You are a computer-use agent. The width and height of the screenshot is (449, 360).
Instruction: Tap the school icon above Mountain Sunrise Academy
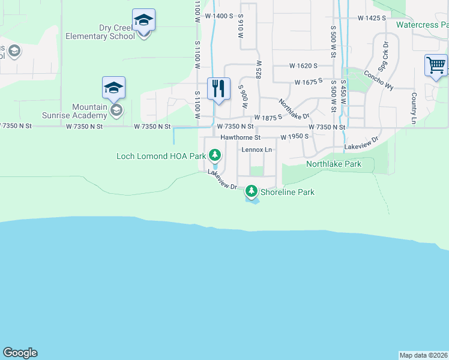pos(113,88)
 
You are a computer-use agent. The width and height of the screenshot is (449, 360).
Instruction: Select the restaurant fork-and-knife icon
pos(218,88)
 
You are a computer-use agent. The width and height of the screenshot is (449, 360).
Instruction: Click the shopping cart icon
pos(436,65)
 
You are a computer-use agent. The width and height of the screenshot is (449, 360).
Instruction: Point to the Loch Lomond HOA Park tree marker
pos(215,156)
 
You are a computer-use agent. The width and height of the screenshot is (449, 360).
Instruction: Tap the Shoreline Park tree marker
pos(251,192)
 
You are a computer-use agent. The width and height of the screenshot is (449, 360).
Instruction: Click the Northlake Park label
pos(334,163)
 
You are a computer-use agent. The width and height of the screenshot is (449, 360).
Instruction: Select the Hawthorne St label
pos(240,137)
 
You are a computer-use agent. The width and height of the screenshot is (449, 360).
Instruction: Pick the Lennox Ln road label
pos(257,149)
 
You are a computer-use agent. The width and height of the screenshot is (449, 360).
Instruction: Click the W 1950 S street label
pos(294,137)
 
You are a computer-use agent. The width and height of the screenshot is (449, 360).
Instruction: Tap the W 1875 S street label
pos(268,118)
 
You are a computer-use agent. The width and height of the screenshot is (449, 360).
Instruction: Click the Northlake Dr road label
pos(294,108)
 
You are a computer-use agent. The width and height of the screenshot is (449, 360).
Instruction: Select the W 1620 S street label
pos(303,65)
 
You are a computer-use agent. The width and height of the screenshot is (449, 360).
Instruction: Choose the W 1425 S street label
pos(372,18)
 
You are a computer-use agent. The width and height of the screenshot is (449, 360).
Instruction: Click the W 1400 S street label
pos(218,16)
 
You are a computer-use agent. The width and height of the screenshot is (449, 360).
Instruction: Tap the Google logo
pos(20,353)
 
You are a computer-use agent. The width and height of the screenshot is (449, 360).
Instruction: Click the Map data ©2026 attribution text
pos(424,355)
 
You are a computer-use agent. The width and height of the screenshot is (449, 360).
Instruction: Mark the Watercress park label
pos(422,25)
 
